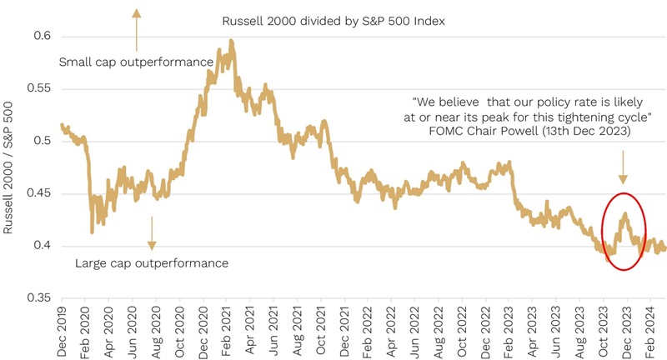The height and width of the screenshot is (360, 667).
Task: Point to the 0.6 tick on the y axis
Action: click(41, 37)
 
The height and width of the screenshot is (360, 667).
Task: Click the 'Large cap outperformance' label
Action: click(152, 263)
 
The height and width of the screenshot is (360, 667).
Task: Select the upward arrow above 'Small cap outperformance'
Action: click(137, 24)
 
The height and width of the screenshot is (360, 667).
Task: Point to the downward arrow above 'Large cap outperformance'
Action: click(152, 232)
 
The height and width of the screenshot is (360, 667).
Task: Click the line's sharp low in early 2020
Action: click(92, 232)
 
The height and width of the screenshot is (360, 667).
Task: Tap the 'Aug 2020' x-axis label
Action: click(157, 330)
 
